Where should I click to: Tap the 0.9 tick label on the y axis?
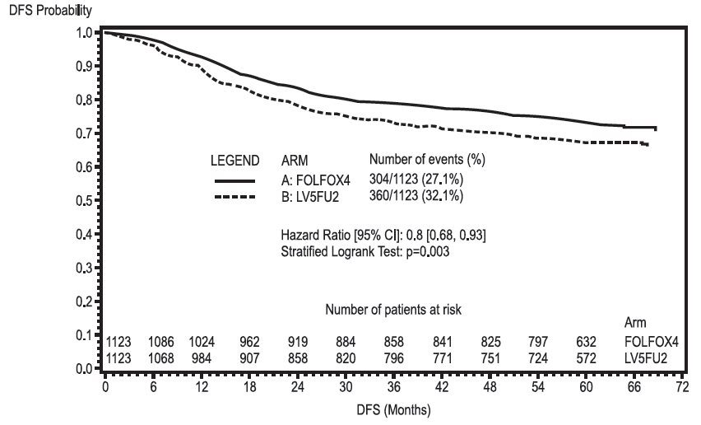click(x=84, y=66)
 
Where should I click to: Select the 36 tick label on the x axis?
click(x=394, y=385)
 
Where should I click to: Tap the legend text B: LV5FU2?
click(x=313, y=196)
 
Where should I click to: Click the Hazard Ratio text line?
click(x=383, y=236)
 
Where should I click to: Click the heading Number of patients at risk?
click(x=393, y=310)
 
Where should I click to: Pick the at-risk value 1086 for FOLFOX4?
click(x=162, y=341)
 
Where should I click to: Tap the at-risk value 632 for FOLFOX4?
click(x=587, y=341)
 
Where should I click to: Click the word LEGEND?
click(x=235, y=159)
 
